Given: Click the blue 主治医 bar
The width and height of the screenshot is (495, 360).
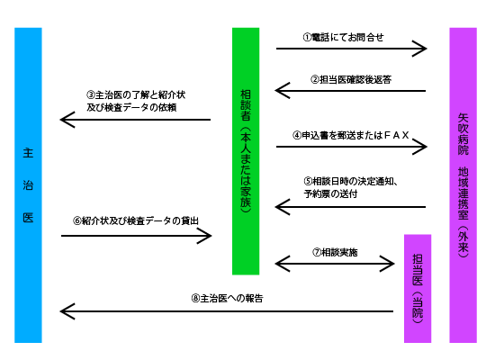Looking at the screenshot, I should pyautogui.click(x=28, y=184).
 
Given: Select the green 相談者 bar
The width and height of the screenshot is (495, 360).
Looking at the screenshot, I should pyautogui.click(x=246, y=150).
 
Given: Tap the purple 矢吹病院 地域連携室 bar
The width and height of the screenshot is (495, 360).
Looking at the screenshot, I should pyautogui.click(x=463, y=184).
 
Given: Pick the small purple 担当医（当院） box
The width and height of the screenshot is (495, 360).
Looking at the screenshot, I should pyautogui.click(x=417, y=288).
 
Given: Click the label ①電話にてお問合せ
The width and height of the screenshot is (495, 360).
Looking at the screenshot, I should pyautogui.click(x=343, y=38).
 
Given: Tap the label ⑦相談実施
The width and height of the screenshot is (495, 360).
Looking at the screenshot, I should pyautogui.click(x=335, y=252).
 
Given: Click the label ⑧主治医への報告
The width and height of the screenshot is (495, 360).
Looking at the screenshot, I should pyautogui.click(x=227, y=298).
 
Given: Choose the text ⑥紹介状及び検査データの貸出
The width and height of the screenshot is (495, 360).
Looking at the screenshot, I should pyautogui.click(x=135, y=220).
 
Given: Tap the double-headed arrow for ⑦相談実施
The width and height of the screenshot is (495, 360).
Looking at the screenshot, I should pyautogui.click(x=335, y=264).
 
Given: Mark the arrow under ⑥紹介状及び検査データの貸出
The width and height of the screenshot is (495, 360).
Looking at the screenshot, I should pyautogui.click(x=135, y=236).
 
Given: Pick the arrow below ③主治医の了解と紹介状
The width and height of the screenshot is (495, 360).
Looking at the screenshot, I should pyautogui.click(x=135, y=119).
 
